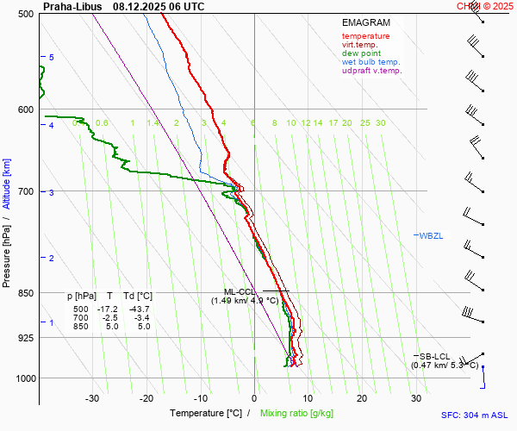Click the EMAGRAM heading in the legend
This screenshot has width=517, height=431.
coord(365,23)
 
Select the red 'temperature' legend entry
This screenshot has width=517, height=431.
coord(365,36)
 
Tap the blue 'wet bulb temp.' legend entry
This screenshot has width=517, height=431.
coord(371,62)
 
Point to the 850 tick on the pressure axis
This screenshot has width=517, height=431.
coord(24,293)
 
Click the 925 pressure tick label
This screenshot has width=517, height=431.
coord(24,337)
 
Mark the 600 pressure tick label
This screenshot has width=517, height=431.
coord(24,109)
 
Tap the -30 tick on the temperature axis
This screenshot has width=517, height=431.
coord(92,398)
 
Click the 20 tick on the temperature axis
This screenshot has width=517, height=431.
coord(362,398)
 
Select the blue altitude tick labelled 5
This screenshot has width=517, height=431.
coord(52,57)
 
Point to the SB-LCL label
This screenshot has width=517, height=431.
coord(434,356)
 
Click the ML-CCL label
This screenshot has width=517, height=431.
coord(239,292)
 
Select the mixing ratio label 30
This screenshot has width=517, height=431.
coord(380,123)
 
